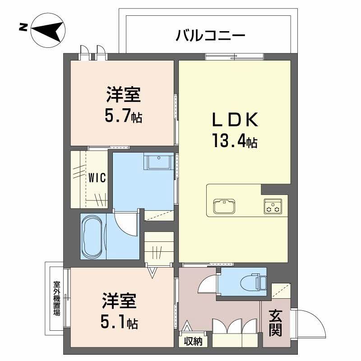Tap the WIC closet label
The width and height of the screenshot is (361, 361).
[x=97, y=177]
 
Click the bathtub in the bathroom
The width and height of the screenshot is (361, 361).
[x=93, y=236]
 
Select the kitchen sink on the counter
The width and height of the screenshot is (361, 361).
[x=223, y=207]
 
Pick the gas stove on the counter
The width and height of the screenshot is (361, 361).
[x=273, y=206]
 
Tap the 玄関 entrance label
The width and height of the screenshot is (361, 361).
[x=276, y=323]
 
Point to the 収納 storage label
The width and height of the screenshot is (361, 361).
[x=193, y=342]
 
